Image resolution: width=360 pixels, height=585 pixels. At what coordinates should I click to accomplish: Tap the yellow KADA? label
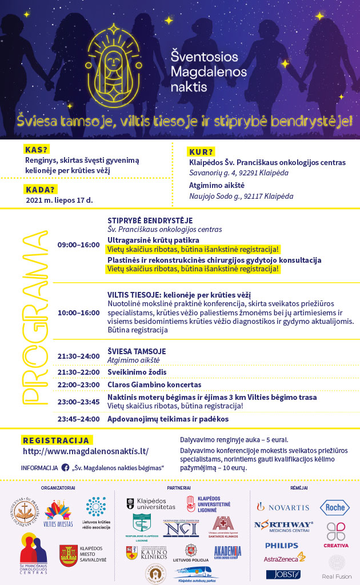40,190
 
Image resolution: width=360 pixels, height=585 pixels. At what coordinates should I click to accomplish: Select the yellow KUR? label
201,151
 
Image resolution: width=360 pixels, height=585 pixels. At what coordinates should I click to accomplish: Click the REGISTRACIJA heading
56,440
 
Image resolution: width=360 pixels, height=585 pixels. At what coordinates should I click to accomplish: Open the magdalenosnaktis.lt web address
86,451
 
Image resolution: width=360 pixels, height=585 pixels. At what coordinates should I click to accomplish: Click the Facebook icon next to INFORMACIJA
65,467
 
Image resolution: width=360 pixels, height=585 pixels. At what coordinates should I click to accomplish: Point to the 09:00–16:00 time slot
78,245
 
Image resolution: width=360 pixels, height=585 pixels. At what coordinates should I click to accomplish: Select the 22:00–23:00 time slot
78,385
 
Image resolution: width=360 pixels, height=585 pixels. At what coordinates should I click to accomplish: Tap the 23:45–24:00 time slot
78,419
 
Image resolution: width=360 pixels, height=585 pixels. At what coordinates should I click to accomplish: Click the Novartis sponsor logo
283,507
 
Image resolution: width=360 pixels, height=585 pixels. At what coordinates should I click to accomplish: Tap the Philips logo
282,545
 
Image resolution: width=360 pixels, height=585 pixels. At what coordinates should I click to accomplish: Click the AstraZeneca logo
284,558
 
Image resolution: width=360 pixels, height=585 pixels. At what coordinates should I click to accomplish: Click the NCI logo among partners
181,528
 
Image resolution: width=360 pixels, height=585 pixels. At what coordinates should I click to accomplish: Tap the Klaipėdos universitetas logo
150,504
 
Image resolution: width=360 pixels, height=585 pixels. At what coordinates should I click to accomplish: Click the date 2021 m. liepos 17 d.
59,201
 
